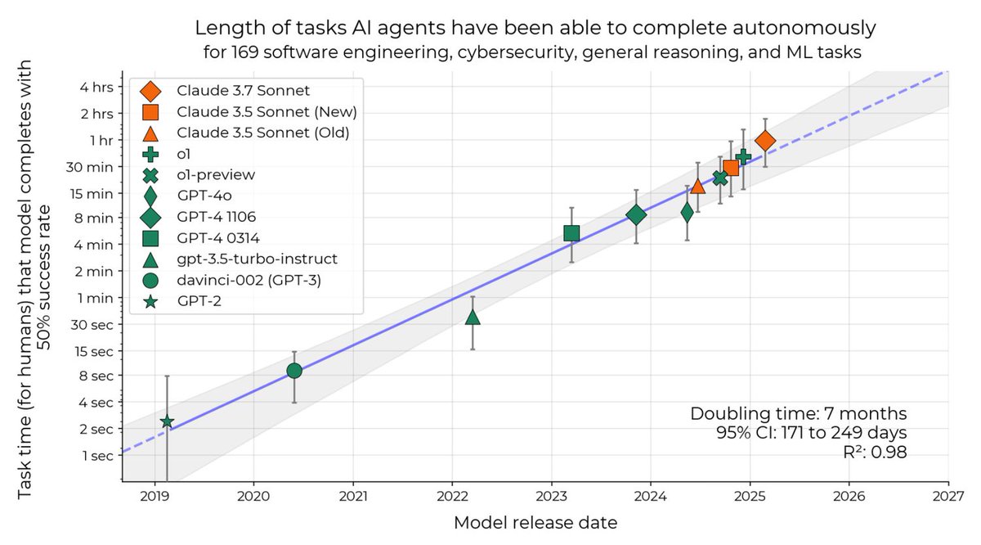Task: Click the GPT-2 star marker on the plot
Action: (167, 421)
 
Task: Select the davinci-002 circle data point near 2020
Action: (294, 371)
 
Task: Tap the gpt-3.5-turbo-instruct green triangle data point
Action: (473, 317)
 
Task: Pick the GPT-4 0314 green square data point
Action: (571, 233)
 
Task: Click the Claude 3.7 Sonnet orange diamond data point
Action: (765, 142)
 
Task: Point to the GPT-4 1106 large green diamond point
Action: (636, 215)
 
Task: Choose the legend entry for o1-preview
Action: (222, 174)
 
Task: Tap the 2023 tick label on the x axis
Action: (551, 496)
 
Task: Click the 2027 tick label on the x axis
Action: (948, 496)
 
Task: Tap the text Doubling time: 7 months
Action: (798, 414)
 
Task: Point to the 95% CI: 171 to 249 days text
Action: (811, 433)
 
